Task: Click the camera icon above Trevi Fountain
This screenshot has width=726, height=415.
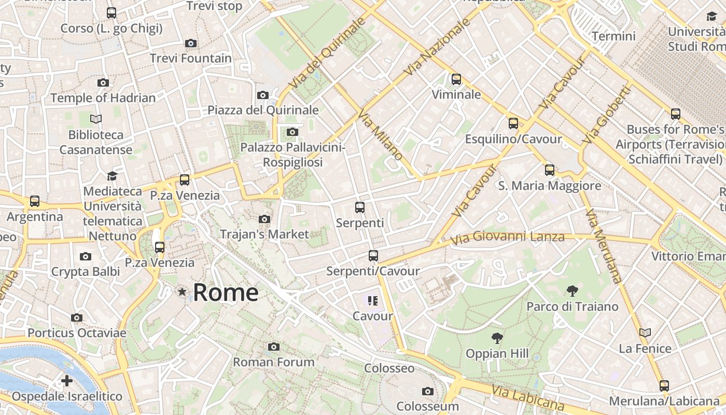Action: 191,43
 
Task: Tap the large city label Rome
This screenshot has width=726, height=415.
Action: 226,293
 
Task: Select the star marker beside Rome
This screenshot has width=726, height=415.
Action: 182,292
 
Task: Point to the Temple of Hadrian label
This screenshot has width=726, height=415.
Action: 103,98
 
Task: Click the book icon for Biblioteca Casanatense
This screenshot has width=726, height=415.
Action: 96,119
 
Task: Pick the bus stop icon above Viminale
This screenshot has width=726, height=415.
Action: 456,79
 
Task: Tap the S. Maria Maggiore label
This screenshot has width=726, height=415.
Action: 550,186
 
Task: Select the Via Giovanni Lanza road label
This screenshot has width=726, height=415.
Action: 507,238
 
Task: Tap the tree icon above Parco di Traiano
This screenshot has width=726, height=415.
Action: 573,290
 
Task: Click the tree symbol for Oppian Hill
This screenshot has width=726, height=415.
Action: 497,338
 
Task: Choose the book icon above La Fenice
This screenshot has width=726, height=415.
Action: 645,333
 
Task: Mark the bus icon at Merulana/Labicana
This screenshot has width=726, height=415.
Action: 664,385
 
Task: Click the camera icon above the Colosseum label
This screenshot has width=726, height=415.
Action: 428,391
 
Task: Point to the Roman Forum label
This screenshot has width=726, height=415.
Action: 274,362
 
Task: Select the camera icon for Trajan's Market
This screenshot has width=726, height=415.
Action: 264,219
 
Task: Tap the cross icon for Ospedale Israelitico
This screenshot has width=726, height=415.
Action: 67,381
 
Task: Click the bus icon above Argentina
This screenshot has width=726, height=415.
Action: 35,201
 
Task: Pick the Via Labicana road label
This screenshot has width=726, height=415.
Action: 527,398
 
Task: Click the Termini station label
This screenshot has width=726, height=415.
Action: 613,36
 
